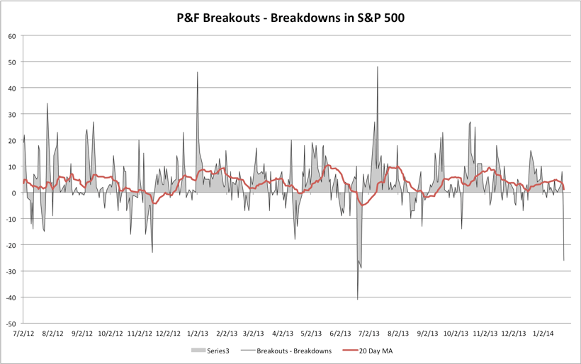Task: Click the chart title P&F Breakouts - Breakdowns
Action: (290, 16)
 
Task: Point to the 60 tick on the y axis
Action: (12, 36)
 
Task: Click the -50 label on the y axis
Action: (11, 323)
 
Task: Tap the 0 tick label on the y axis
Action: (14, 193)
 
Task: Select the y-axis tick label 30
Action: (12, 114)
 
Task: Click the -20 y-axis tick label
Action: (11, 245)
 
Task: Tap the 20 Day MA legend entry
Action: (371, 351)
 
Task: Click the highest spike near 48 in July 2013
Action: (378, 67)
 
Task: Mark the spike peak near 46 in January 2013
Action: (198, 72)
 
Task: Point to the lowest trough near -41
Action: (358, 300)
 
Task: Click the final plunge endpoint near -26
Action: (564, 260)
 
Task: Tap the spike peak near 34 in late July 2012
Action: (47, 104)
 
